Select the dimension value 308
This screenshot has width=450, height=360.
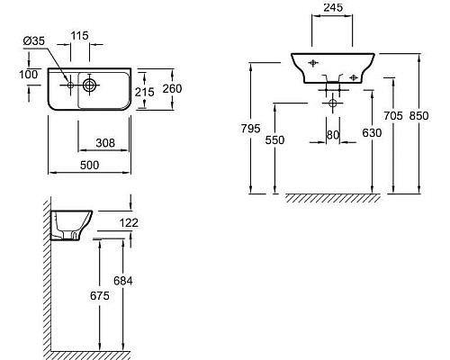(107, 141)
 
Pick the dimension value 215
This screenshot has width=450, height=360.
(144, 93)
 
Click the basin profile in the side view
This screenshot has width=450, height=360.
(69, 224)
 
